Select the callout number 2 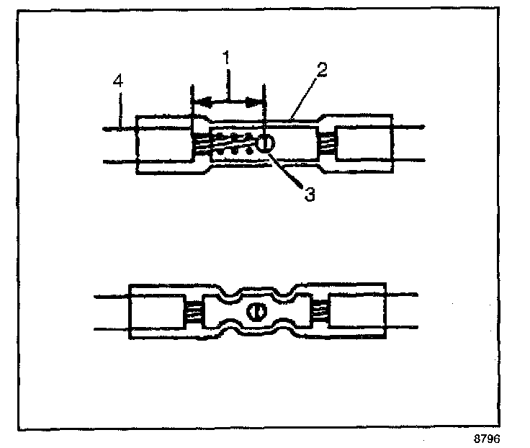[x=321, y=71]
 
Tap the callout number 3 [x=308, y=194]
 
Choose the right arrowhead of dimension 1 [x=257, y=101]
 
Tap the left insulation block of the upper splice [x=164, y=144]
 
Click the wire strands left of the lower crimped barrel [x=193, y=312]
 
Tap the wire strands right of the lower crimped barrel [x=320, y=312]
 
